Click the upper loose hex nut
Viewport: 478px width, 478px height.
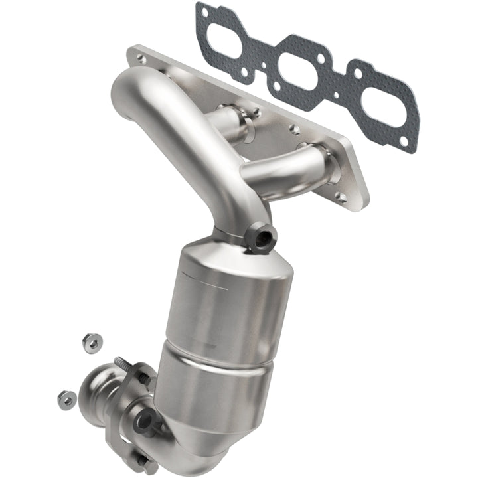click(92, 342)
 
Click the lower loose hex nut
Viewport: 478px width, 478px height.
click(67, 399)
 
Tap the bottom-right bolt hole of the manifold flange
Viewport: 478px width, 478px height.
click(341, 197)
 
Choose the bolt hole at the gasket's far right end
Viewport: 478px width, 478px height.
click(409, 139)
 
